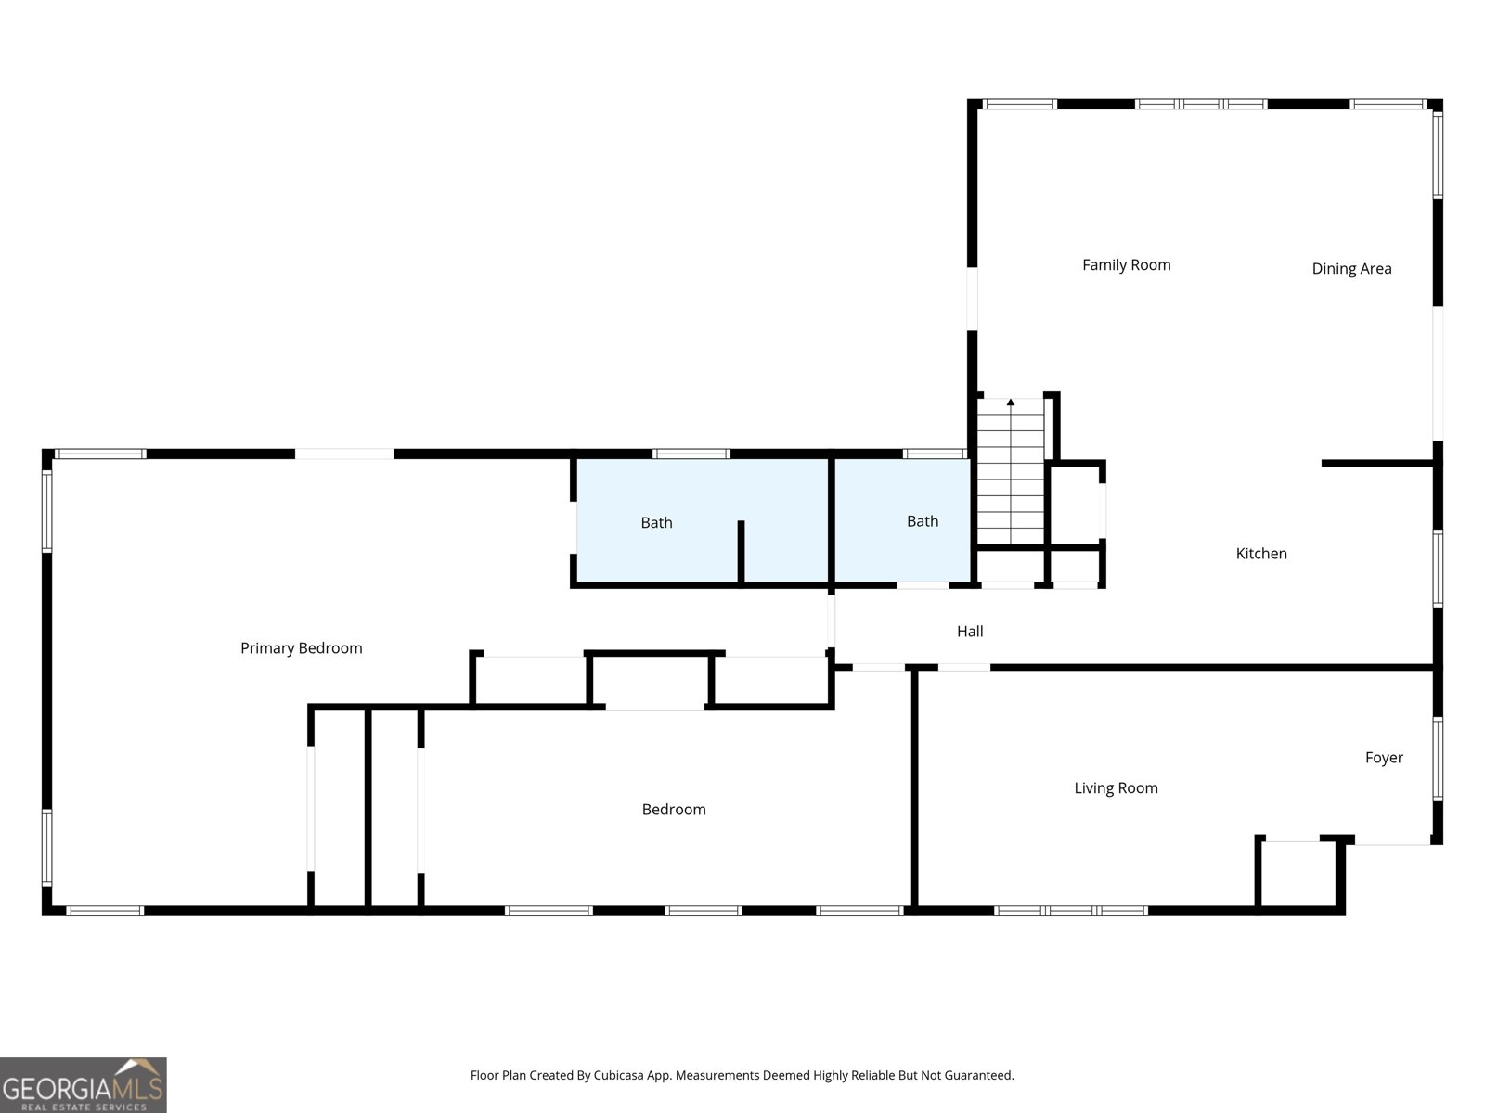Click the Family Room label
click(1126, 265)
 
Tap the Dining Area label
click(1351, 269)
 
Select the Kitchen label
click(1261, 554)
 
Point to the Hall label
click(970, 632)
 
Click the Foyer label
click(1384, 758)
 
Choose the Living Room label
click(1116, 788)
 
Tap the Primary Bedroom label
click(301, 648)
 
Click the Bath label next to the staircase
click(923, 521)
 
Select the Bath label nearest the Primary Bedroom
click(656, 522)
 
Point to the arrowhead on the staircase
click(1010, 403)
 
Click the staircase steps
click(1010, 471)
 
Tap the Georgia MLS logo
click(84, 1085)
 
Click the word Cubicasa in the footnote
click(618, 1075)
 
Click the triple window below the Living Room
click(1070, 911)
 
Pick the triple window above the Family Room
click(1201, 104)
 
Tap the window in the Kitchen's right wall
click(1438, 569)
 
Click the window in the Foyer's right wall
click(1438, 758)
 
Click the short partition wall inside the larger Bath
click(741, 551)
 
